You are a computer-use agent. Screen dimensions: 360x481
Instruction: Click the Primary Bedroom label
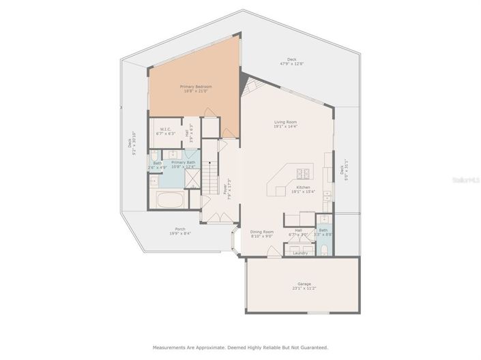195,87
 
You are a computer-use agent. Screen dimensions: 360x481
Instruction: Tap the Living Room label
285,122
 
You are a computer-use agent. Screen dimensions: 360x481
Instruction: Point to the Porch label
179,229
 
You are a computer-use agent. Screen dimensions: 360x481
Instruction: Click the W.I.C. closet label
165,130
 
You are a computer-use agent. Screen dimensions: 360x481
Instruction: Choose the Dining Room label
261,232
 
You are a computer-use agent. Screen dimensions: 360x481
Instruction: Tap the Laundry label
300,253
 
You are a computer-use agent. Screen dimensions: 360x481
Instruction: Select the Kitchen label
303,187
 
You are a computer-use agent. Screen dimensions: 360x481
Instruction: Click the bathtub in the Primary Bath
170,201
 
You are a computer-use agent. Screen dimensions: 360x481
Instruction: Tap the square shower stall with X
193,179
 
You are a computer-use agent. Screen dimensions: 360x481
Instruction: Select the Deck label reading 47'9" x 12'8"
291,59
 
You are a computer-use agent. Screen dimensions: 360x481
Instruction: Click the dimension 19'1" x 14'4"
285,127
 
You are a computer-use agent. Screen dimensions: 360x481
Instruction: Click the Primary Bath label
183,162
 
